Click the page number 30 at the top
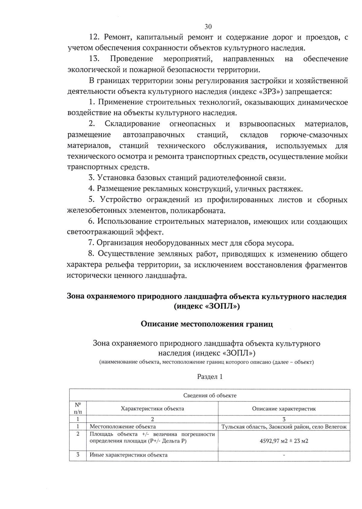[208, 27]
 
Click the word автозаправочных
[154, 134]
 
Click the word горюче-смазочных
[314, 134]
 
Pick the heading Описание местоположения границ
[207, 324]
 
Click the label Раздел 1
[210, 377]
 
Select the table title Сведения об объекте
[210, 395]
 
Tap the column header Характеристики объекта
[152, 409]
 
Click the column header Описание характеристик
[284, 409]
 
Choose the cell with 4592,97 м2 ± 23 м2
[284, 441]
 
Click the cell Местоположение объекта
[123, 426]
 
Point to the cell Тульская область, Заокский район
[284, 426]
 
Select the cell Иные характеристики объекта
[129, 455]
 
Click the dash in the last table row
[284, 455]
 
